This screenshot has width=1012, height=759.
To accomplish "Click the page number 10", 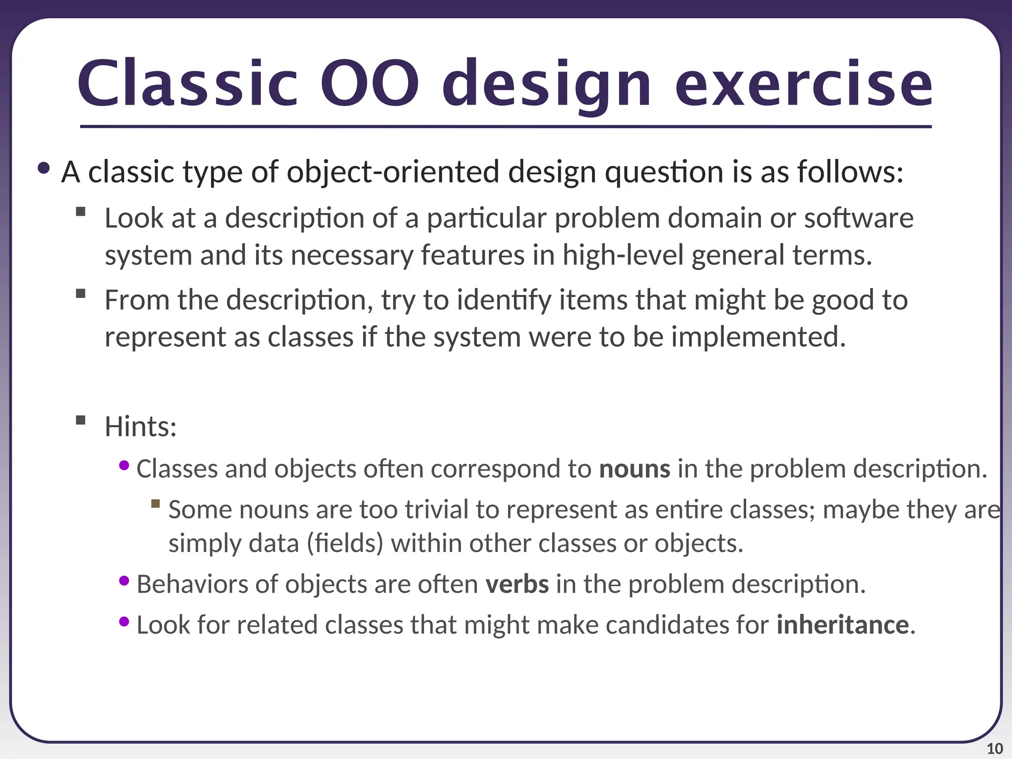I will (x=995, y=749).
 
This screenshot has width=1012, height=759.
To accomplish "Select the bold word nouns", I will (x=634, y=468).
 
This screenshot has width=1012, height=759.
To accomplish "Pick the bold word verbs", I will (x=517, y=584).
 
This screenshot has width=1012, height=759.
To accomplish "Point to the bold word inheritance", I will (x=843, y=625).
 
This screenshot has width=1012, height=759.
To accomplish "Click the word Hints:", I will (x=140, y=426).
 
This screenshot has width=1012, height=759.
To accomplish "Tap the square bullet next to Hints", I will (x=81, y=421).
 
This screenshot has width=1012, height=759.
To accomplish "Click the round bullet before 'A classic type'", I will (x=43, y=169).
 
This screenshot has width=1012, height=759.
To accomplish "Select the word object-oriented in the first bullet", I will (x=393, y=172).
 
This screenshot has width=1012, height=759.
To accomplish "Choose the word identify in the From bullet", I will (x=504, y=300).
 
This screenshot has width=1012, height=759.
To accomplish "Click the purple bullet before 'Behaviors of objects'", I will (x=124, y=581).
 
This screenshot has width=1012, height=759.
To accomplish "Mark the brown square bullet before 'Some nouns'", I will (x=156, y=504).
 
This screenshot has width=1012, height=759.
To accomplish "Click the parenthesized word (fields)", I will (x=345, y=543).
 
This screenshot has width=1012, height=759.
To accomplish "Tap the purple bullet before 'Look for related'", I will (x=124, y=622).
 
